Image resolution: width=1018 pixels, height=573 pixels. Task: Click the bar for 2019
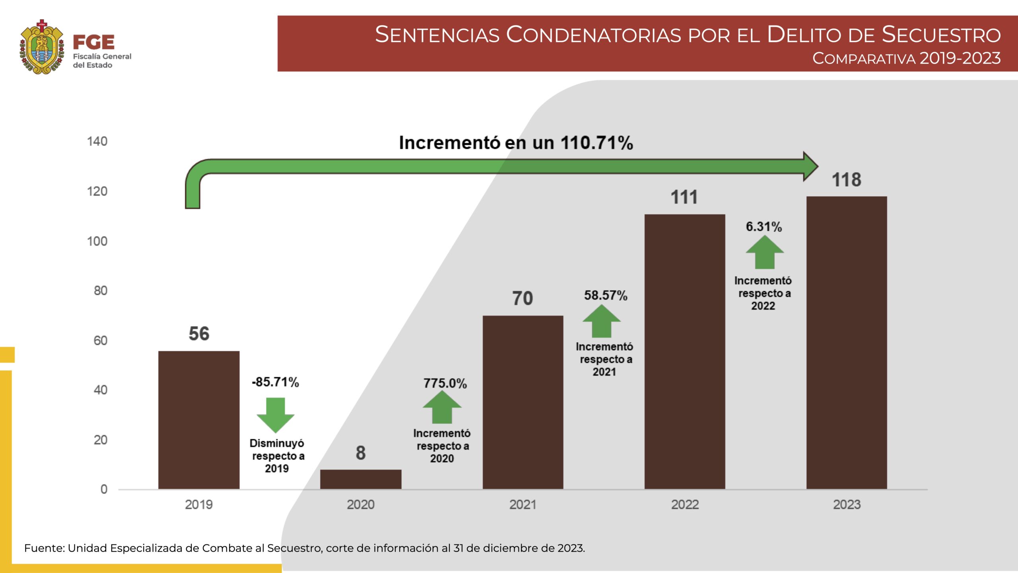199,420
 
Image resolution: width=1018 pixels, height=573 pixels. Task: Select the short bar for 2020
361,479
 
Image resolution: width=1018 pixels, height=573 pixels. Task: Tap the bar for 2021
523,402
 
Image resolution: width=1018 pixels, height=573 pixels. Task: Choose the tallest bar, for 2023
847,342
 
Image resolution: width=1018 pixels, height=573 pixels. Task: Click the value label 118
847,180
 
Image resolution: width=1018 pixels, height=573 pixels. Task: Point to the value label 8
361,453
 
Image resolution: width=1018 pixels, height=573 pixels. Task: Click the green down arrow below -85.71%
276,415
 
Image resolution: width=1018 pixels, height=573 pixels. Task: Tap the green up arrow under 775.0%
442,407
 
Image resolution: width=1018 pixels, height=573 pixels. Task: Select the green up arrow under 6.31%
765,253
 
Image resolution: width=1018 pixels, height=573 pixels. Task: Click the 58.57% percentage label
606,295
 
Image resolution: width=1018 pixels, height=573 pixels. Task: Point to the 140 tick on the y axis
97,141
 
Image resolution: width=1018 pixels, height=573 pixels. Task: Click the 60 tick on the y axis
101,341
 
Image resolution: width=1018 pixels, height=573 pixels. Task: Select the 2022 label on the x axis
685,505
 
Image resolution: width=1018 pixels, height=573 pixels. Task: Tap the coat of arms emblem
42,47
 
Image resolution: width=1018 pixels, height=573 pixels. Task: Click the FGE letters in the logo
94,42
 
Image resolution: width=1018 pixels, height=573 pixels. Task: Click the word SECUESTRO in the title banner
941,35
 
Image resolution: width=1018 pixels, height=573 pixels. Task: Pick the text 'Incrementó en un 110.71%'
516,143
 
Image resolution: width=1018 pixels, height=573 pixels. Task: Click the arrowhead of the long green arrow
810,166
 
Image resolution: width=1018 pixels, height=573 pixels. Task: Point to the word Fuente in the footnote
44,548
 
